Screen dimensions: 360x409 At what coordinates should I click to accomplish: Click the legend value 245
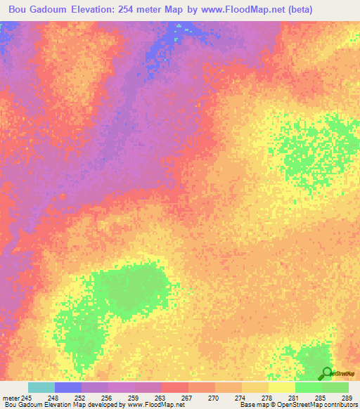pyautogui.click(x=27, y=397)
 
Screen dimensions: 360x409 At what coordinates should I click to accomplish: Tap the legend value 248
pyautogui.click(x=53, y=397)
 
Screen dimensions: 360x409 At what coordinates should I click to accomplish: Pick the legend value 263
pyautogui.click(x=161, y=397)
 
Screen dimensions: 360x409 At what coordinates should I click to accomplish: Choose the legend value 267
pyautogui.click(x=188, y=397)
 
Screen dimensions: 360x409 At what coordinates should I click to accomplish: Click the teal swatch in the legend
pyautogui.click(x=41, y=387)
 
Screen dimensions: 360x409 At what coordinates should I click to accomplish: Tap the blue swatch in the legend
pyautogui.click(x=67, y=387)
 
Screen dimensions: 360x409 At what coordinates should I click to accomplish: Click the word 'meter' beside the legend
pyautogui.click(x=11, y=397)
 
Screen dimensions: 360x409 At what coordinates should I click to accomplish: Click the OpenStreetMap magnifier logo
pyautogui.click(x=326, y=373)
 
